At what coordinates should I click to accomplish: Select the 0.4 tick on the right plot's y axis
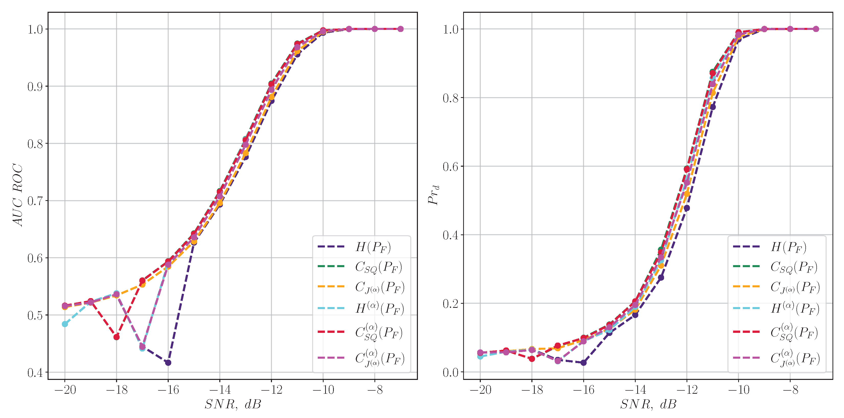click(x=451, y=235)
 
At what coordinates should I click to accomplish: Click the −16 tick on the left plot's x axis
click(x=168, y=390)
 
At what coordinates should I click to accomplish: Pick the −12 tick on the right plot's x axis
click(x=687, y=390)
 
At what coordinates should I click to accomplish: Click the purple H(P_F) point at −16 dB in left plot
click(x=168, y=363)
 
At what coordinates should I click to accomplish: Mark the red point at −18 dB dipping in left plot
click(x=116, y=337)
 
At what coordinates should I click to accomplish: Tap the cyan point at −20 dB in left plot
click(x=65, y=324)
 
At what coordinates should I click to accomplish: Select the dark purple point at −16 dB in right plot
click(x=584, y=363)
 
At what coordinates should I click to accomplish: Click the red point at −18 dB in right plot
click(x=532, y=359)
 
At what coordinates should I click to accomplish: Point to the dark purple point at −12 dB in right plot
click(x=687, y=208)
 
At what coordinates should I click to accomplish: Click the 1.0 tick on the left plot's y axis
click(x=35, y=29)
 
